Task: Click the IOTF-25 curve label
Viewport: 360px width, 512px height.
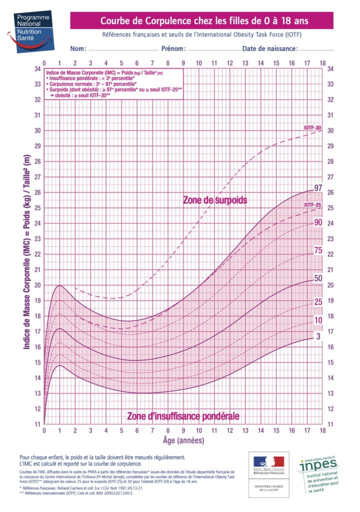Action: tap(312, 205)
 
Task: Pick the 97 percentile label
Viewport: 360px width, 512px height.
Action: tap(317, 188)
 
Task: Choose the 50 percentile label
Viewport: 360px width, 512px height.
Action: tap(317, 278)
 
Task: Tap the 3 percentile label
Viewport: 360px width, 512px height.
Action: tap(317, 336)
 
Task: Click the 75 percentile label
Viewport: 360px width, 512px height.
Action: tap(317, 251)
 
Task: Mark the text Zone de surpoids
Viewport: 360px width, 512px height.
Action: tap(214, 200)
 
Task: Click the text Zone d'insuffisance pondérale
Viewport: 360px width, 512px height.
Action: tap(183, 416)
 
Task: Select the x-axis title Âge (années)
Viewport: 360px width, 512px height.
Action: tap(183, 441)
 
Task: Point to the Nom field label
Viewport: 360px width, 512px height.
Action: tap(78, 49)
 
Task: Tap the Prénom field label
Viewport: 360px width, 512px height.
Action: tap(173, 49)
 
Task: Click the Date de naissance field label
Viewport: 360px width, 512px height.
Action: tap(270, 49)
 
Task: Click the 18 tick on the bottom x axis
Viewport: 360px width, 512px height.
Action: tap(322, 430)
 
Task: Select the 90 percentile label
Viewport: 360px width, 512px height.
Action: tap(317, 222)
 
